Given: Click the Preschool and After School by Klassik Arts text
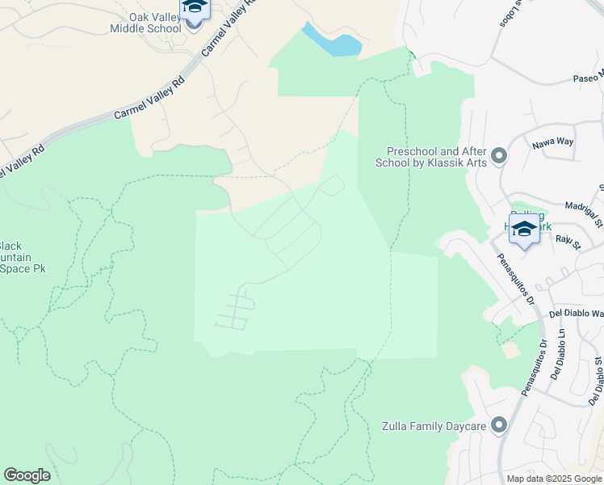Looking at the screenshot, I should coord(434,157).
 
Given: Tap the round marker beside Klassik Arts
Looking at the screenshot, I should coord(498,155).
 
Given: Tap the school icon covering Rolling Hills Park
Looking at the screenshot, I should coord(524,231).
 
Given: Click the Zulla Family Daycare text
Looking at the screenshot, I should coord(436,425).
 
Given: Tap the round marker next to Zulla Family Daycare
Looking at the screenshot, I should coord(498,424).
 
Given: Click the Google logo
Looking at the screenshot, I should coord(27,475).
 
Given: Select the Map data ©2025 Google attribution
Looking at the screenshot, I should coord(553,479).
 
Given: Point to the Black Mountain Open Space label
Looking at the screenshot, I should coord(23,256).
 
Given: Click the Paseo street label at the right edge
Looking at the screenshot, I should coord(589,78).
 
